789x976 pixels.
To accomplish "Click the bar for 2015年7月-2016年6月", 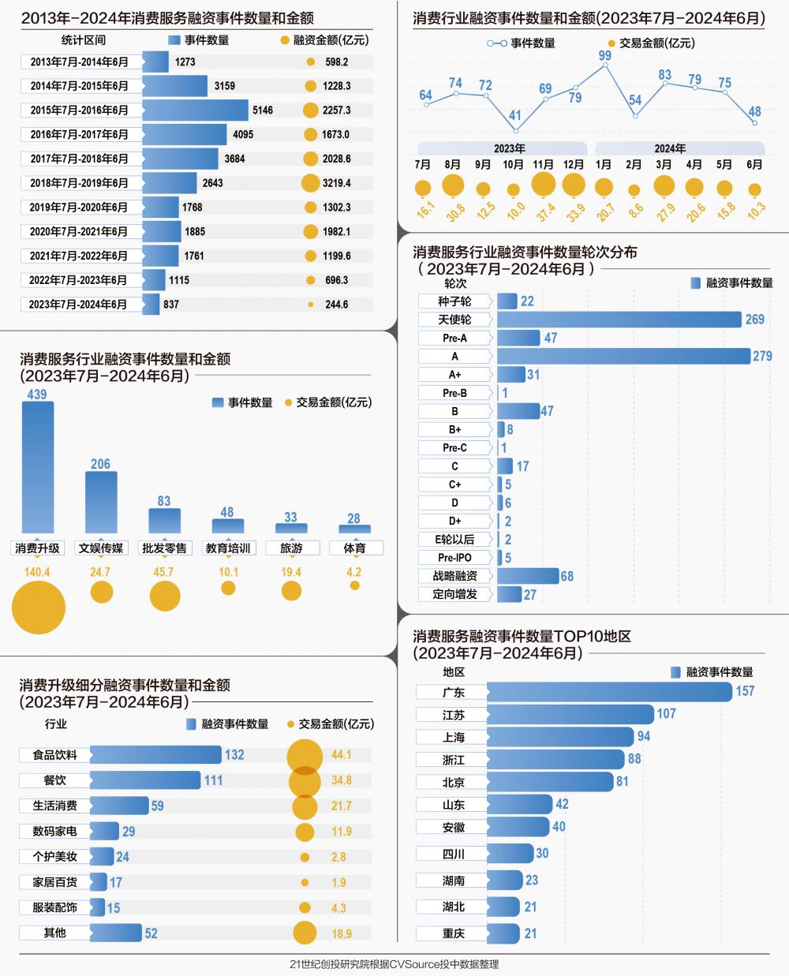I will [195, 110].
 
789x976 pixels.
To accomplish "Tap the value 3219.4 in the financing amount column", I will [336, 183].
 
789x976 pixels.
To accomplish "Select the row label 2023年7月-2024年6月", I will [78, 305].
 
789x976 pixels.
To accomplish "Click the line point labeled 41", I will [515, 130].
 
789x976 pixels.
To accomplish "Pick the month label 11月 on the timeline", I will [543, 165].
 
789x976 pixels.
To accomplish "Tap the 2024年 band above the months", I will [670, 148].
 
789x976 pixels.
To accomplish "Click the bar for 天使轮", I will [619, 320].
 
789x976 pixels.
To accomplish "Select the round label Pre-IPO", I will [454, 558].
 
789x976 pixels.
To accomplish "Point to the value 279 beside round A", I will [762, 357].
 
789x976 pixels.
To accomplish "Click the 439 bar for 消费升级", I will [38, 467].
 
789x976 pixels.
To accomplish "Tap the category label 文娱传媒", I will [101, 548].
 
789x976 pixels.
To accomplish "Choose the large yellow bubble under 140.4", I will [38, 608].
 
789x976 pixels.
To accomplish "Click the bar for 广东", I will [609, 692].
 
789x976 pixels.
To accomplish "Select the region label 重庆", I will [454, 933].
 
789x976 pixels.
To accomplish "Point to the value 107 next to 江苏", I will [667, 714].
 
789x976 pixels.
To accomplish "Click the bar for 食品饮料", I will [155, 755].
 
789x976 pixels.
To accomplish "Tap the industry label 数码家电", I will [54, 832].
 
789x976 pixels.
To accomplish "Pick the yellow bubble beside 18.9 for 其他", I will [305, 933].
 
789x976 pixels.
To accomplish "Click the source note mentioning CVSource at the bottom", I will [394, 964].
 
